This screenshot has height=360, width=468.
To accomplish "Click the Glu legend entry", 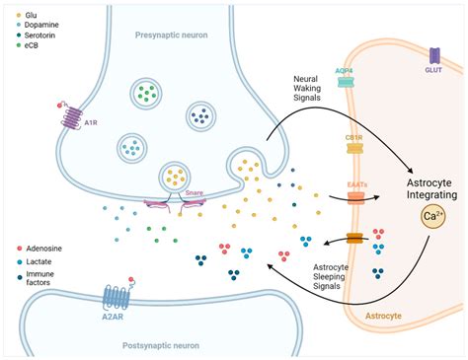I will click(34, 16).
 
